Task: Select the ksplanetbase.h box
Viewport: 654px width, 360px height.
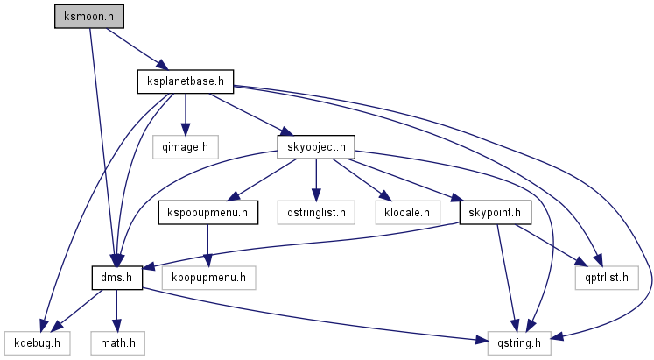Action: (x=185, y=82)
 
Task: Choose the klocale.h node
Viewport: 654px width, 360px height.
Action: (x=402, y=212)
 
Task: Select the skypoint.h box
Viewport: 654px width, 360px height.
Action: (x=496, y=212)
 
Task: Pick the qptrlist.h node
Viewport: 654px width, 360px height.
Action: (x=601, y=278)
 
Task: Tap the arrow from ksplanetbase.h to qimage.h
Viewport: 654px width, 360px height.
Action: (x=184, y=113)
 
